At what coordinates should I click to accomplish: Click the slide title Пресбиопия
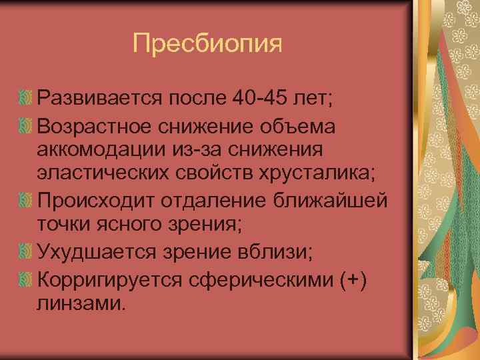pyautogui.click(x=207, y=44)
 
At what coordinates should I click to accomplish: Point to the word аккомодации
pyautogui.click(x=101, y=151)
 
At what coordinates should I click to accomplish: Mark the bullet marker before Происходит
pyautogui.click(x=27, y=199)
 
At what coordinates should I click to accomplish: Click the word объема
pyautogui.click(x=300, y=127)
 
